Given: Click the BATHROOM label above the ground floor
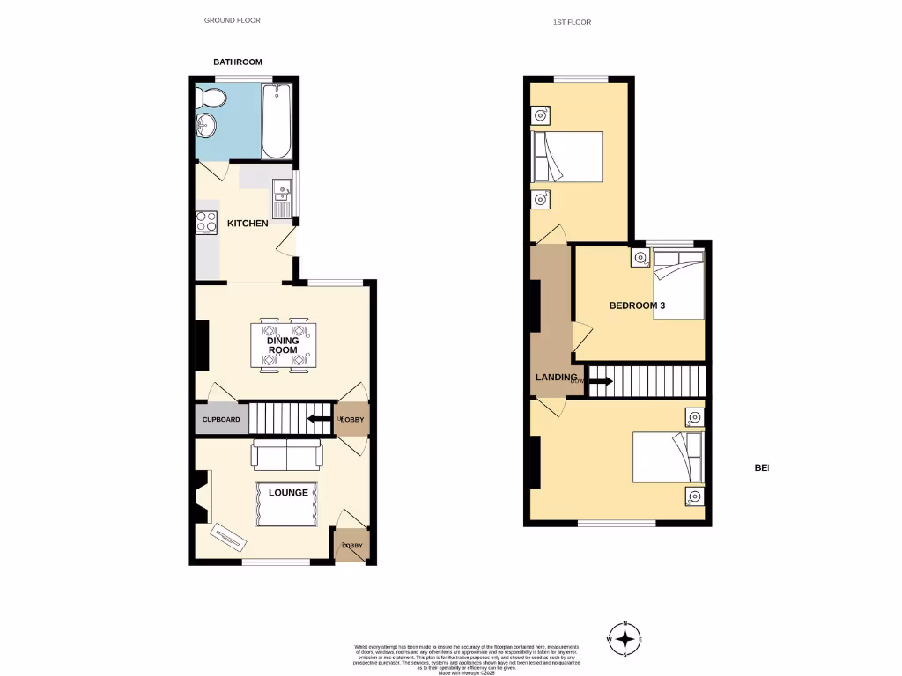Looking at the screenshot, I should coord(238,62).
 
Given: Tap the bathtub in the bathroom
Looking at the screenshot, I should coord(276,121).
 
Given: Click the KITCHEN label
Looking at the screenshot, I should coord(248,224).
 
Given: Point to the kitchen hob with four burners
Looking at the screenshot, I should coord(207,222).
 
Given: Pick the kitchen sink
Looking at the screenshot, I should coord(282,190).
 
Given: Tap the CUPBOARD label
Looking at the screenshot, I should coord(221,420).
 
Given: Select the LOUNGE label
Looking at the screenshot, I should coord(289,493).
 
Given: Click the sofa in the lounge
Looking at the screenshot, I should coord(287,455).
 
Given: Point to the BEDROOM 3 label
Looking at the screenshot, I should coord(637,305).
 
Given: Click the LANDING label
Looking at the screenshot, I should coord(556,378).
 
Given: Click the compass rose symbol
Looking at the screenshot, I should coord(624,639).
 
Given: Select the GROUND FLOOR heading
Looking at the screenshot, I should coord(233,20).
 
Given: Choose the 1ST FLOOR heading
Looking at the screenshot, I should coord(572,22).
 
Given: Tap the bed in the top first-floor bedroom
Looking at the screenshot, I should coord(566,158).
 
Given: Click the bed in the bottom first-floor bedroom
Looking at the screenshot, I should coord(667,457).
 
